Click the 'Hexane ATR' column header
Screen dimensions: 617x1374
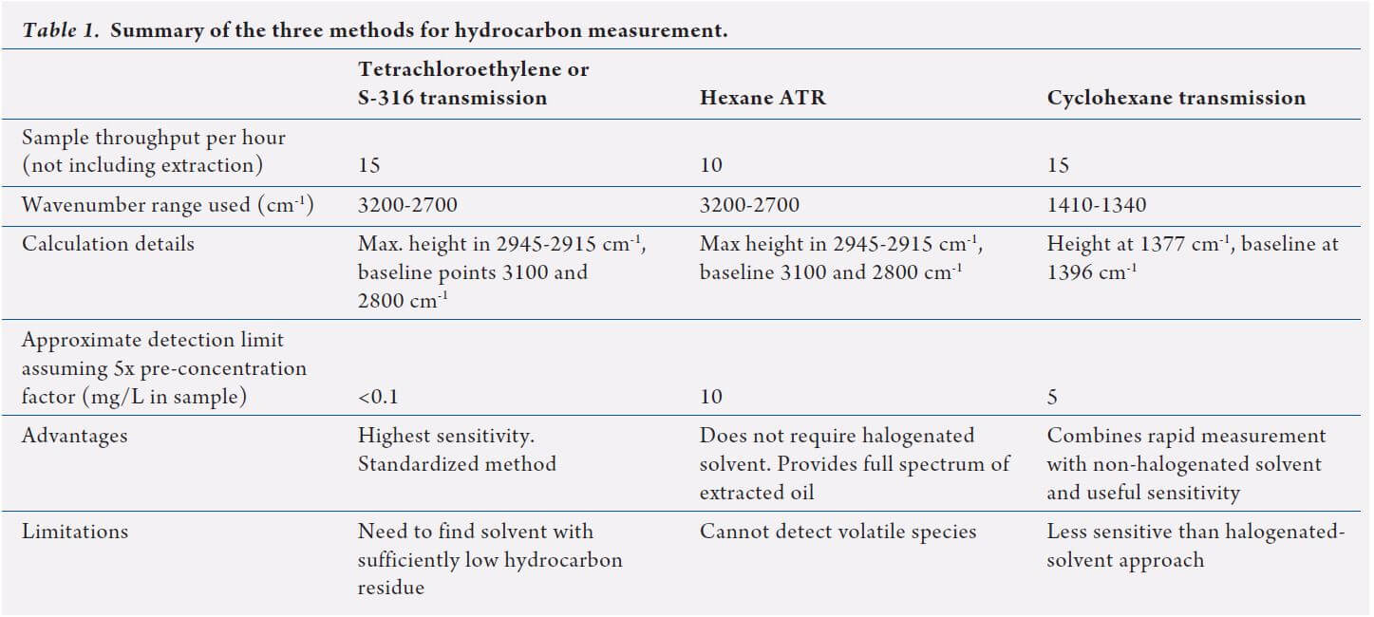click(762, 98)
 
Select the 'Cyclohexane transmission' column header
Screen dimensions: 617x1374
click(1176, 98)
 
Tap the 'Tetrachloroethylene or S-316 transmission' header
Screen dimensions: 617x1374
click(473, 84)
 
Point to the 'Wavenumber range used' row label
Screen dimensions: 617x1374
click(154, 205)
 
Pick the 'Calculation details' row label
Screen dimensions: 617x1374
click(107, 244)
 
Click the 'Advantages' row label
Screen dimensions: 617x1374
click(74, 436)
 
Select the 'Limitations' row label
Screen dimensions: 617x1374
click(74, 532)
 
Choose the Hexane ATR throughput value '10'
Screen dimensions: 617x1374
click(710, 165)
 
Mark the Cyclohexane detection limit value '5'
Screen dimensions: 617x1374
click(1052, 397)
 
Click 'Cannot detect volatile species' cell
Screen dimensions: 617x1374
click(838, 532)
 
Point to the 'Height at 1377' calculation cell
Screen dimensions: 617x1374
click(1192, 257)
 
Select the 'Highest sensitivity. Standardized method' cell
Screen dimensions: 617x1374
click(456, 450)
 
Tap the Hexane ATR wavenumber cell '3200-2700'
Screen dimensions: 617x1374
click(749, 205)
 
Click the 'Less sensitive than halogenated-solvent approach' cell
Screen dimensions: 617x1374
click(1195, 546)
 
